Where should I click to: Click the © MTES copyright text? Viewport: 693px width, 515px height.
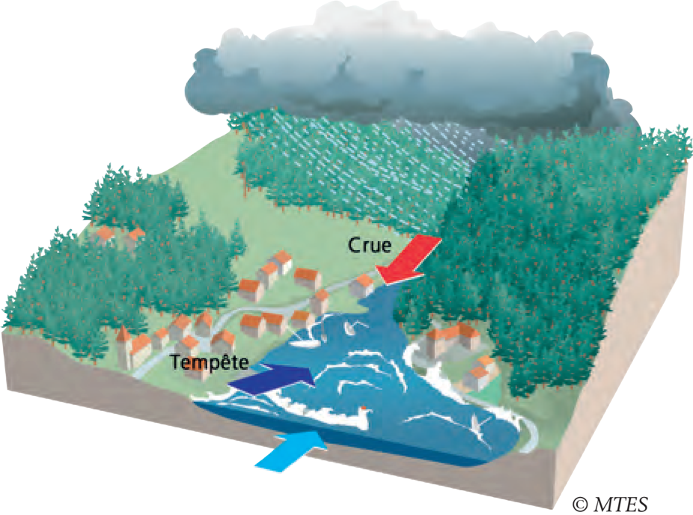tap(610, 502)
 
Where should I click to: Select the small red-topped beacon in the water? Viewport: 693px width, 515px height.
tap(364, 411)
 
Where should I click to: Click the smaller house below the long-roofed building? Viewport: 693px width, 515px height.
tap(480, 374)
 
